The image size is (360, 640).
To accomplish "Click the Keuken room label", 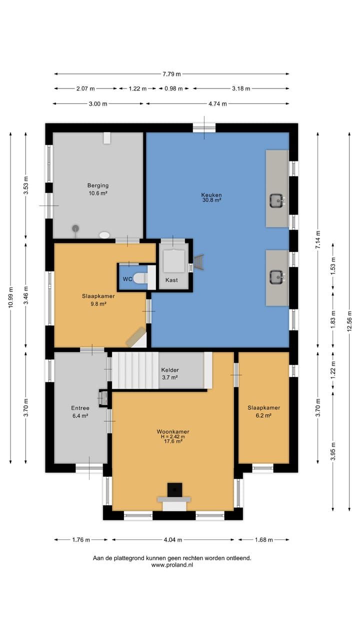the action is (x=211, y=195).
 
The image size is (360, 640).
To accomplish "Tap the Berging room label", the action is (x=98, y=185).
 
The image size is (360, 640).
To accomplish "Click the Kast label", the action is (x=171, y=280).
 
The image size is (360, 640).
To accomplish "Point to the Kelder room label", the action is (x=170, y=370).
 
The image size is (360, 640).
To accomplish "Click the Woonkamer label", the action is (x=173, y=431).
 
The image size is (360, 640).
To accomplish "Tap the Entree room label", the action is (x=80, y=408).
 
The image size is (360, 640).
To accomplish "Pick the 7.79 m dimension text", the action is (x=171, y=74).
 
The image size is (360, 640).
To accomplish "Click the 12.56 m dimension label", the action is (x=349, y=321).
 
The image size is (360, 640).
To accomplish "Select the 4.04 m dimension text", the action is (x=173, y=539).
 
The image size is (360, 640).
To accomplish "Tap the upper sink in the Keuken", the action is (x=277, y=200).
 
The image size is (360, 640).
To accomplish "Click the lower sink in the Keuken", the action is (x=277, y=277).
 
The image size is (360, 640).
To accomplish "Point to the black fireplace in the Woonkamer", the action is (x=174, y=490).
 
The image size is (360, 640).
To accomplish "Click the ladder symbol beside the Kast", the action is (x=199, y=261).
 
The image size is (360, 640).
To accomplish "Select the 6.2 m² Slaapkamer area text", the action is (x=263, y=415).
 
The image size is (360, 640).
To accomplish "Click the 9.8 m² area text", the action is (x=98, y=303).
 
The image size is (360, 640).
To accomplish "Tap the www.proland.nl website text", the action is (x=172, y=565).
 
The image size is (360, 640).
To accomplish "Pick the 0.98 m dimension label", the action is (x=173, y=88).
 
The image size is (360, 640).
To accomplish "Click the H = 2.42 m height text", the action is (x=173, y=436).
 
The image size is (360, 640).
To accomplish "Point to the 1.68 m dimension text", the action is (x=263, y=539).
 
